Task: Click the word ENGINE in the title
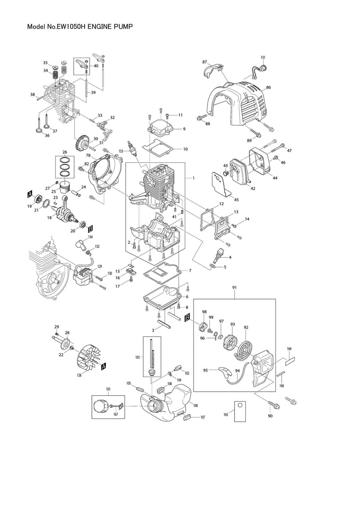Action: click(x=102, y=27)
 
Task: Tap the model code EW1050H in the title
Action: click(x=71, y=27)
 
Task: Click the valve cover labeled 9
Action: click(x=162, y=126)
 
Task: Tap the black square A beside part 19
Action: click(x=30, y=194)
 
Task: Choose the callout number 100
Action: click(x=195, y=406)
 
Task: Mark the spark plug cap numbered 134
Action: click(x=81, y=245)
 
